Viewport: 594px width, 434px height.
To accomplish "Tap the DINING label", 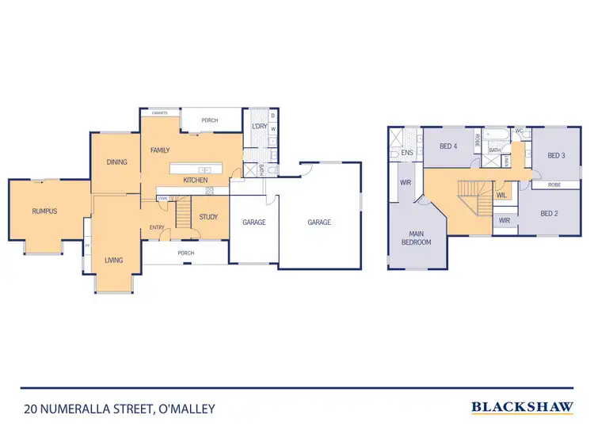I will (x=116, y=162).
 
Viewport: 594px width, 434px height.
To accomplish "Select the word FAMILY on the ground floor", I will (x=160, y=150).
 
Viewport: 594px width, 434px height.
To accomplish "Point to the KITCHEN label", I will (x=196, y=181).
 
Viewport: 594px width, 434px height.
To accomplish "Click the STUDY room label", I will (x=208, y=217).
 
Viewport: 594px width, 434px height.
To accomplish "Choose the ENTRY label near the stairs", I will (x=156, y=228).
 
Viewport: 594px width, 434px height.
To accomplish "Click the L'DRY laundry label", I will (x=258, y=127).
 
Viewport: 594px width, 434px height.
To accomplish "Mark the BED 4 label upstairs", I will (x=448, y=146).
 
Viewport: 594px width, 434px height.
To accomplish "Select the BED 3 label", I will (x=556, y=155).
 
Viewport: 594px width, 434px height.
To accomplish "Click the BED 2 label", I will (x=550, y=213).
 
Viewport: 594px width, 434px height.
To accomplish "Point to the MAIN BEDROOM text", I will (x=415, y=238).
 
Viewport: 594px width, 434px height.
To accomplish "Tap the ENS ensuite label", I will (x=407, y=152).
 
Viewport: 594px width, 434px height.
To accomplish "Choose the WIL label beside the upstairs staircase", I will (x=501, y=195).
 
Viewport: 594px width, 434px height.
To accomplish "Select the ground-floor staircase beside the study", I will (x=184, y=214).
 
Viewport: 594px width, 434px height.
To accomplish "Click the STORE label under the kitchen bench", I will (x=162, y=199).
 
